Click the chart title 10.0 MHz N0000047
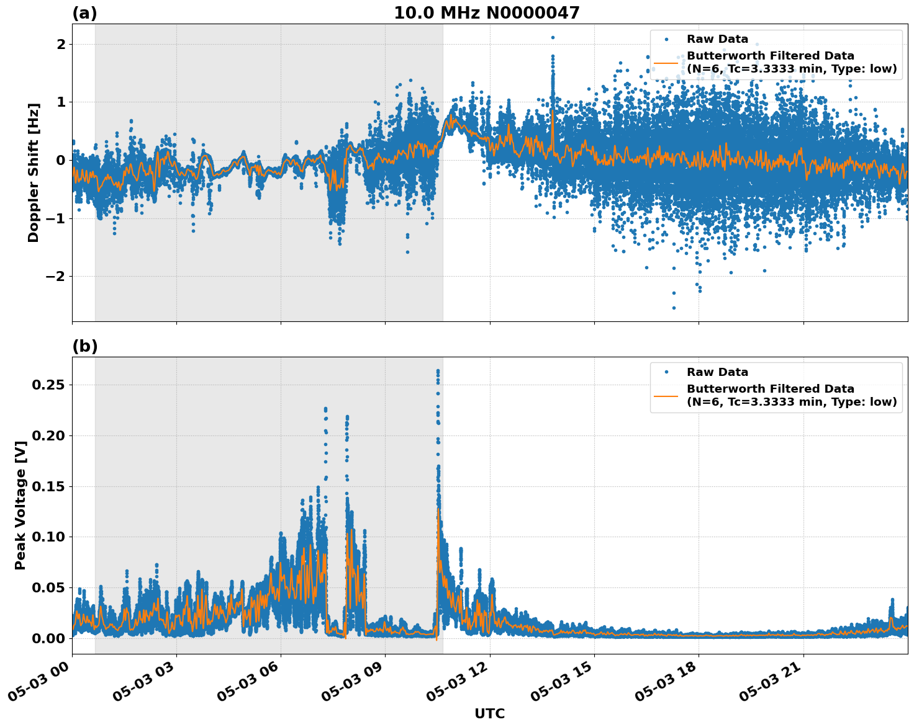[486, 13]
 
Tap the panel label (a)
[84, 13]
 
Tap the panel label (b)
[84, 346]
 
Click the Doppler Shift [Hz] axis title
[34, 172]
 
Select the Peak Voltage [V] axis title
[20, 519]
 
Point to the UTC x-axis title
[489, 713]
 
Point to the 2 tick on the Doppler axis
[61, 44]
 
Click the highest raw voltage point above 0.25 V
[438, 371]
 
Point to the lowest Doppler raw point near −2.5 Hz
[674, 308]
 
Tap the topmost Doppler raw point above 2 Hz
[553, 37]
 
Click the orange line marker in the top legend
[666, 63]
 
